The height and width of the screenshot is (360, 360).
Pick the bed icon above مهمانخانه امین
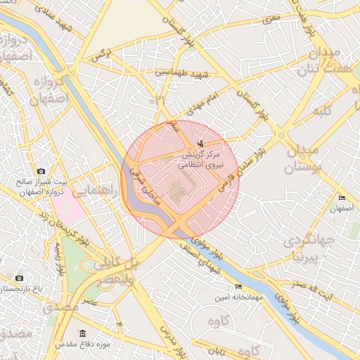(x=238, y=287)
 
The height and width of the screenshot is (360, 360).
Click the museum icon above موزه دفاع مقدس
(x=83, y=333)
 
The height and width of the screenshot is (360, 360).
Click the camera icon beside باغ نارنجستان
(x=19, y=278)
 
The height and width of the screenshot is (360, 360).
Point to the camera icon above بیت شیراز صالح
(x=41, y=171)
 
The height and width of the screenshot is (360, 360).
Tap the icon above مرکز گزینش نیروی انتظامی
(x=202, y=143)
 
